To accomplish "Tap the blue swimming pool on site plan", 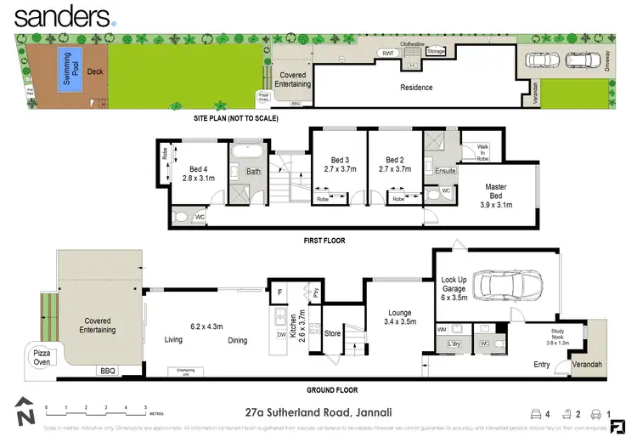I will pos(65,65).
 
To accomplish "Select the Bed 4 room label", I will pos(200,173).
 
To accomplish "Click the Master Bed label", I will pos(496,191).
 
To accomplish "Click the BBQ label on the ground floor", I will pos(107,371).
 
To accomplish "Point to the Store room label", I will pos(333,333).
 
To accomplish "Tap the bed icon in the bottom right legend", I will pos(537,414).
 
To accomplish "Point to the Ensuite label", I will pos(445,171).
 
